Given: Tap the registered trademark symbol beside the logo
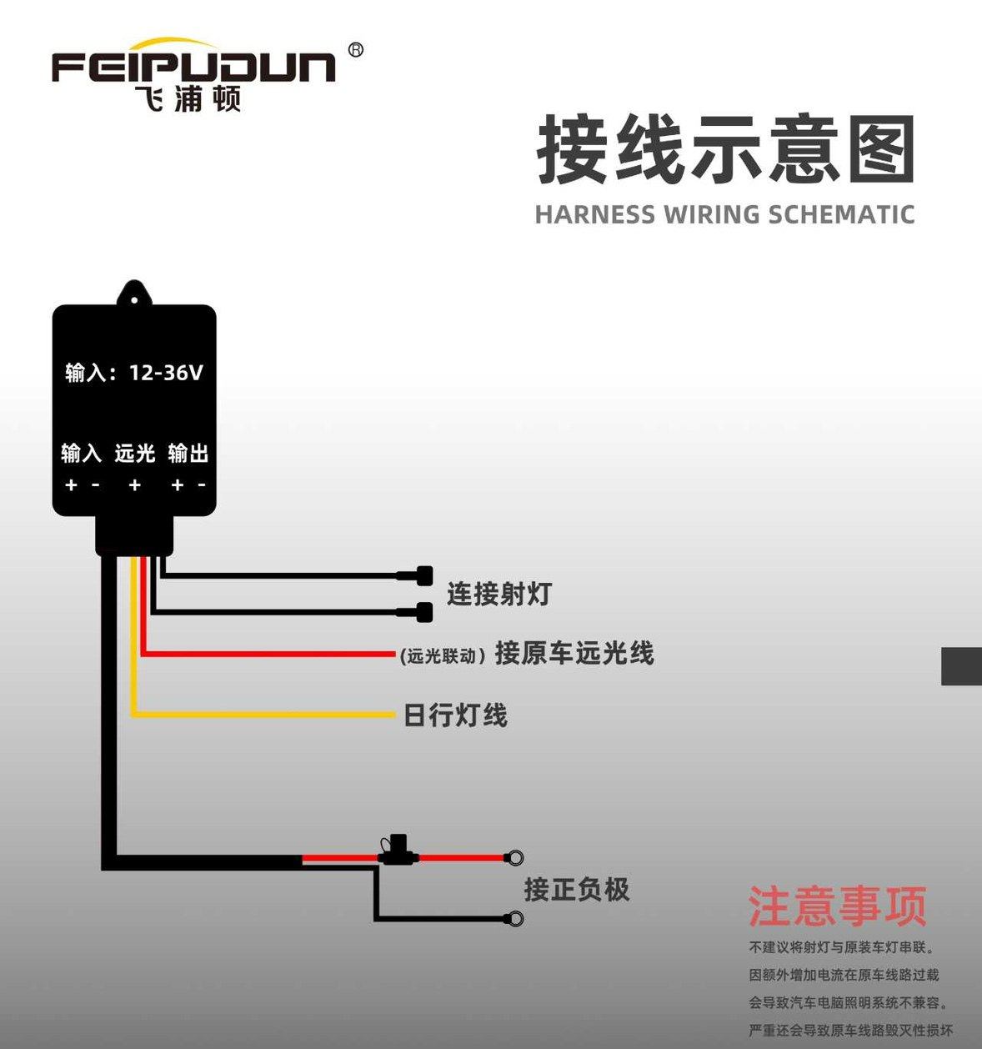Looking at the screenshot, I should [356, 50].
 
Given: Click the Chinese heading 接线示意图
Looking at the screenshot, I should [725, 150].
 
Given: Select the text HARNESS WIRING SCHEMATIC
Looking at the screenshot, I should [724, 214].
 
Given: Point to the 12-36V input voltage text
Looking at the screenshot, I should [166, 373].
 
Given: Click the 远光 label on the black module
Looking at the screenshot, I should [134, 454].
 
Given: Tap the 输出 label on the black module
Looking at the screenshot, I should [188, 454].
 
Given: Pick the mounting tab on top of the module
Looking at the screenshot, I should [134, 294].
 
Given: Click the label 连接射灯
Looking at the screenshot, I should [499, 595].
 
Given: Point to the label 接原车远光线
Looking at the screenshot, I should [574, 653].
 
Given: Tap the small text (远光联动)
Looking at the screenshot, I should [443, 656].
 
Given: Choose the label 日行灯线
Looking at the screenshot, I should [455, 715].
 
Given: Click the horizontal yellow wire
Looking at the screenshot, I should [267, 715].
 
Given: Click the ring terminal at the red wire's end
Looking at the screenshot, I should [515, 857].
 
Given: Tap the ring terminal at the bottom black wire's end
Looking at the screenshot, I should [515, 919].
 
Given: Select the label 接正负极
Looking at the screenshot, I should [576, 890].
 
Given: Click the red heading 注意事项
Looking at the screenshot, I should [837, 906].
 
